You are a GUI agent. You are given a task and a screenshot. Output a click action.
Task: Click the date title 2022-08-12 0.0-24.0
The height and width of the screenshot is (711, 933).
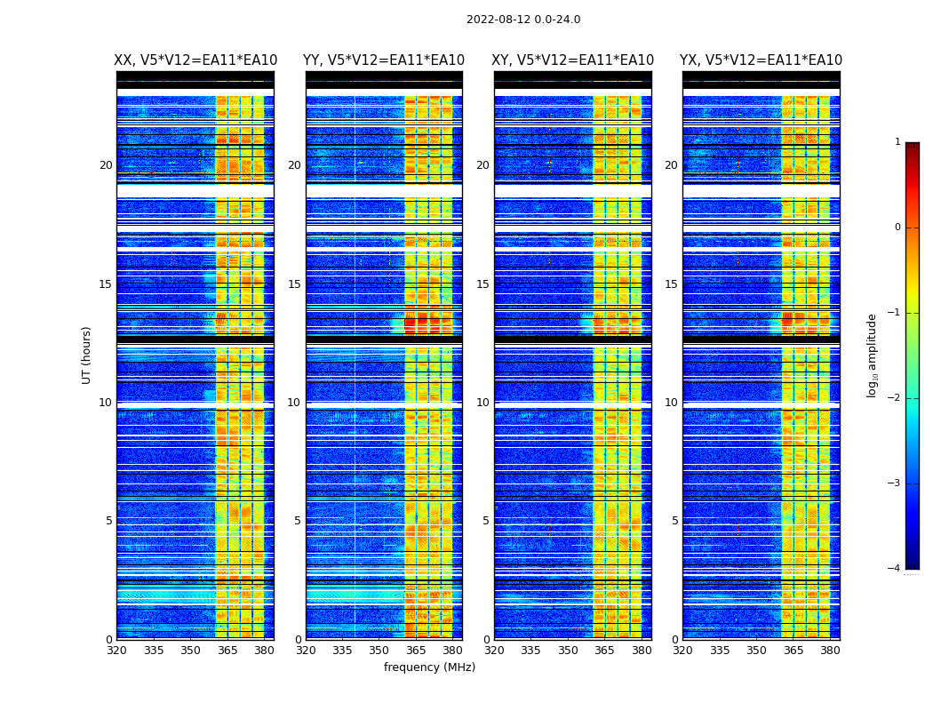(523, 20)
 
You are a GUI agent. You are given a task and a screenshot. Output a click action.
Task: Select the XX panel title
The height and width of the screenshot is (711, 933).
(195, 60)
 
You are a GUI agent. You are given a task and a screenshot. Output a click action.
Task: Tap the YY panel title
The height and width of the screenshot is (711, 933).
(384, 60)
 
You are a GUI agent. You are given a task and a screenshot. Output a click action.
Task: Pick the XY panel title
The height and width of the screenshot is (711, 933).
(573, 60)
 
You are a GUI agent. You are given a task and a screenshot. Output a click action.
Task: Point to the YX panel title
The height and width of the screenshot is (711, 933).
(761, 60)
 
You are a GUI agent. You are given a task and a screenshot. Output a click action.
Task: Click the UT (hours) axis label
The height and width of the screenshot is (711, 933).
(87, 355)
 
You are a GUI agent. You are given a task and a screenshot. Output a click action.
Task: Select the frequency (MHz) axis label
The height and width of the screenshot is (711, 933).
(429, 667)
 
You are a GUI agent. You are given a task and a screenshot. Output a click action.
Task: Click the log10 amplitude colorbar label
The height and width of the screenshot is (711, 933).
(873, 355)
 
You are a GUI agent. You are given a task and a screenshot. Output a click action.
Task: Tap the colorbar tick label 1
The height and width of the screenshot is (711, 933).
(897, 142)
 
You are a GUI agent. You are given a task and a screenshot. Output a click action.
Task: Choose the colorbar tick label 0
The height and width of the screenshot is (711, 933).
(897, 228)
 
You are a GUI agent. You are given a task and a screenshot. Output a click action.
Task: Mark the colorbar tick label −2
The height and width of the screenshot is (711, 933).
(896, 398)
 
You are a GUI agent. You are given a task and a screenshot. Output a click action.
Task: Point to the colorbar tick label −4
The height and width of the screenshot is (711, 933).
(896, 569)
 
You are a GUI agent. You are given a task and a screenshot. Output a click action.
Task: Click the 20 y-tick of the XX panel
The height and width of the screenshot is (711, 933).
(106, 165)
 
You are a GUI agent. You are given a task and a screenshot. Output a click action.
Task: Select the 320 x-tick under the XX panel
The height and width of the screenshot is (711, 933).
(116, 651)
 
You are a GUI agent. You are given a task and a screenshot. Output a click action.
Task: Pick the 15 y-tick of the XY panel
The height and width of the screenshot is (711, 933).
(482, 284)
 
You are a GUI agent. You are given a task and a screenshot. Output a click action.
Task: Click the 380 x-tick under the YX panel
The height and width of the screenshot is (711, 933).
(830, 651)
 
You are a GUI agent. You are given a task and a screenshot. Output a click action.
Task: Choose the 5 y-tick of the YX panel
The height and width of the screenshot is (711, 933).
(674, 521)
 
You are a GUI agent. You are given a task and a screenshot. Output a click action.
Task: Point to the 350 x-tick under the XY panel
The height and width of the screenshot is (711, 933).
(568, 651)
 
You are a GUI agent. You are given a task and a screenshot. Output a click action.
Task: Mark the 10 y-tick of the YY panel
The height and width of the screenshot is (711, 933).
(294, 403)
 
